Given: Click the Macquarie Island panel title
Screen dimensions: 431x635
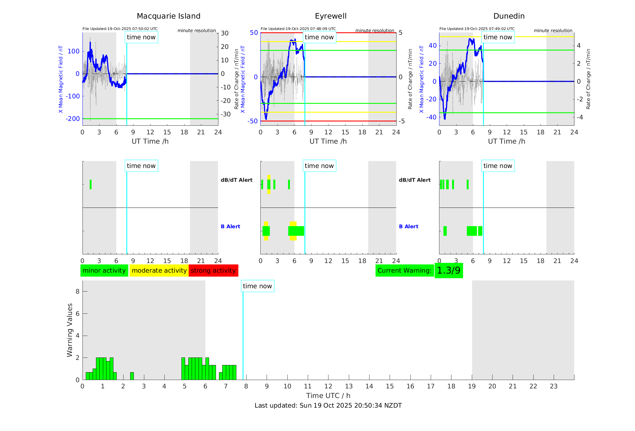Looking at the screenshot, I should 168,16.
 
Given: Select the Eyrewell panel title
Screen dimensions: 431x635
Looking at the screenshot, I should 331,16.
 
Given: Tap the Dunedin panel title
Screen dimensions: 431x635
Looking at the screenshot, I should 509,16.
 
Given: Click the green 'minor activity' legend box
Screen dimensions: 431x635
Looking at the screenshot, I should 104,271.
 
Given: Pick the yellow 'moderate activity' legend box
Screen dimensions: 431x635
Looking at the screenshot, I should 159,271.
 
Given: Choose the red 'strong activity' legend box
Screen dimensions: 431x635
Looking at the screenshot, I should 213,271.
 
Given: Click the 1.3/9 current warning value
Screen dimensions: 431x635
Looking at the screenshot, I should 448,271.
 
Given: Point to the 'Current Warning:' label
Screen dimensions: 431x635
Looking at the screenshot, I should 404,271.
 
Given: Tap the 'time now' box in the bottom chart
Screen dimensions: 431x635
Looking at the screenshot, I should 257,286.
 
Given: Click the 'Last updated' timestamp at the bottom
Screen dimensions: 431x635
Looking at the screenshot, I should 328,406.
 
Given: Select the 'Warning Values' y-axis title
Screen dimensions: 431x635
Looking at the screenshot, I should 70,330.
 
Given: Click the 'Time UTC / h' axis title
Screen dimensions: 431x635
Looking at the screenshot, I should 328,396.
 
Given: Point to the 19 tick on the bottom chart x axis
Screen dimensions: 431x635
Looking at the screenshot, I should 472,386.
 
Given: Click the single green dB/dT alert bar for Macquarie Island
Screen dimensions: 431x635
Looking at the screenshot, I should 91,184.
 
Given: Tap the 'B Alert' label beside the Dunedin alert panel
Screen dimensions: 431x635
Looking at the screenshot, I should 409,226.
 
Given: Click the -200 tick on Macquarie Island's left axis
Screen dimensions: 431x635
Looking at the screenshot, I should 73,119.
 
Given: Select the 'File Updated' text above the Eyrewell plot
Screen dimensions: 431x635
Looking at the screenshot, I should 298,29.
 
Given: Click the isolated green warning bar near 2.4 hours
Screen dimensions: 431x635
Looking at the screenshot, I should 132,376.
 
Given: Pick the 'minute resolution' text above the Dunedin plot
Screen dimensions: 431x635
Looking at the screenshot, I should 553,31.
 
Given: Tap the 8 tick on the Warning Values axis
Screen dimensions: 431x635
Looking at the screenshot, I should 77,292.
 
